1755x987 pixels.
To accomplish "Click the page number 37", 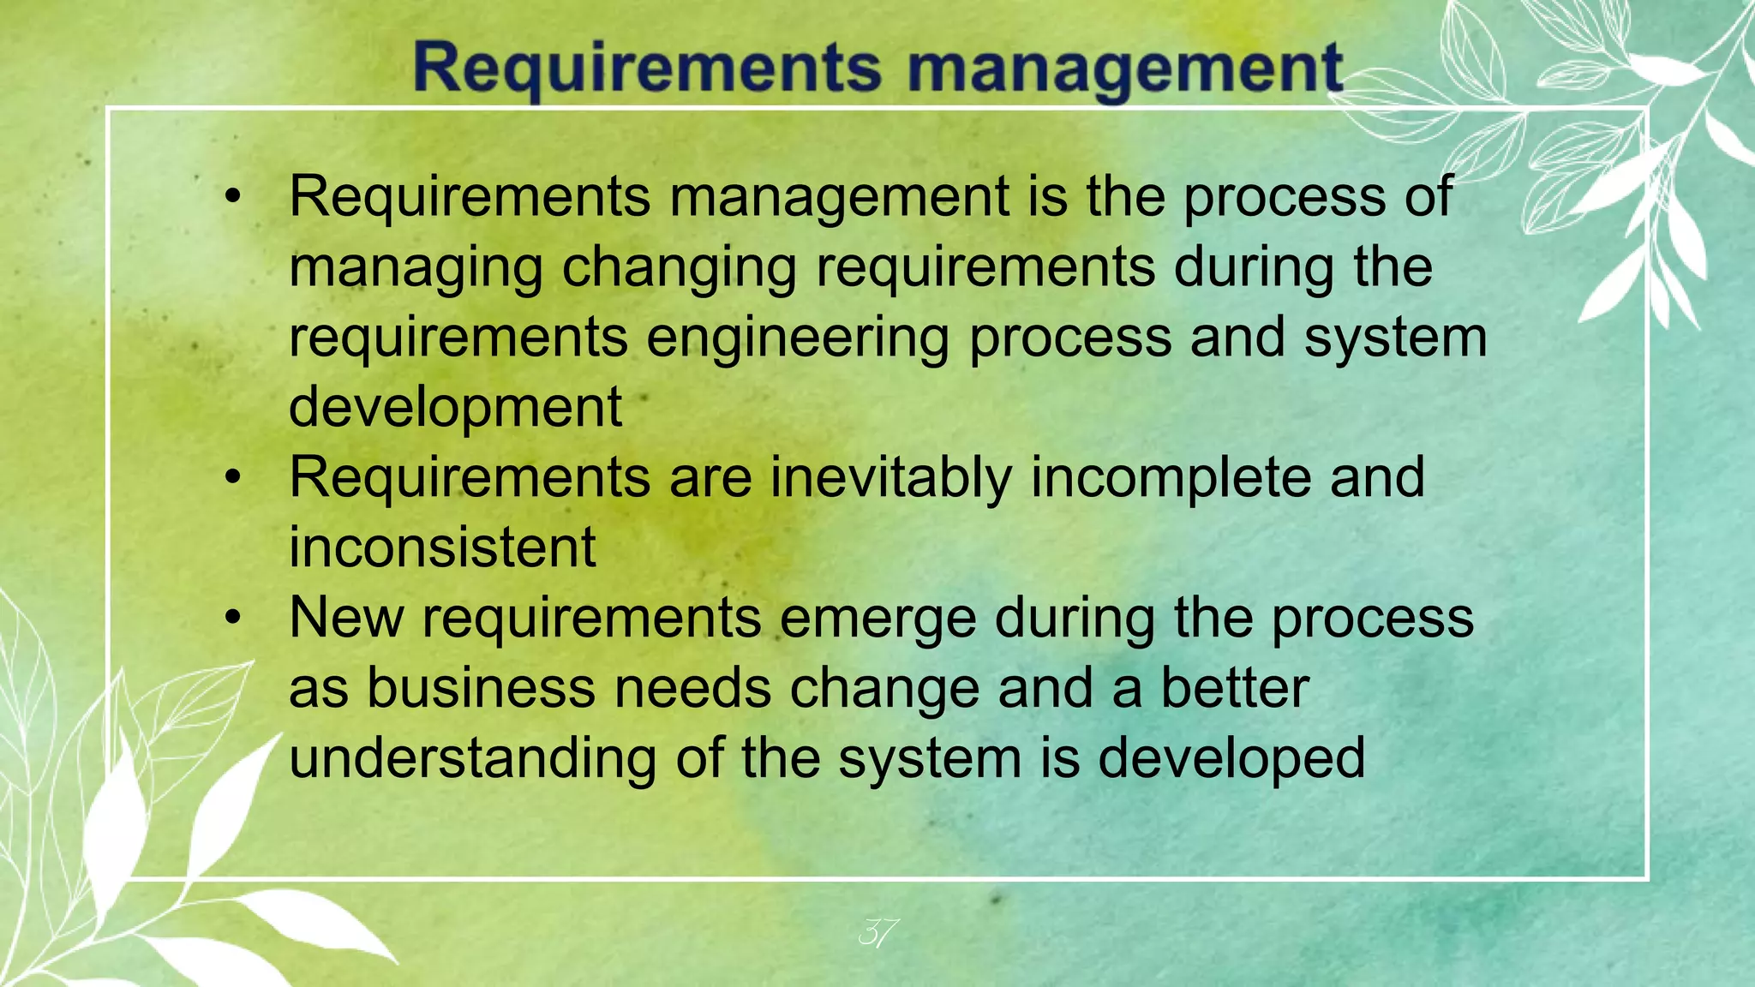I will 878,932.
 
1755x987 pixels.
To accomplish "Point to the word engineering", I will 798,339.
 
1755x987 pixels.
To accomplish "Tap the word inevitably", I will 891,478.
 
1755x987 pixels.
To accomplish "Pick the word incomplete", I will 1171,478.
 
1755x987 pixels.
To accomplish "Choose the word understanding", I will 472,759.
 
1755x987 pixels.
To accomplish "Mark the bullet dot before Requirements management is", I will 233,199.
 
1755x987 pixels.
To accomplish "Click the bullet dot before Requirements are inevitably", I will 233,479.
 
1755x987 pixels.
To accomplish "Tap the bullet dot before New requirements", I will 233,619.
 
